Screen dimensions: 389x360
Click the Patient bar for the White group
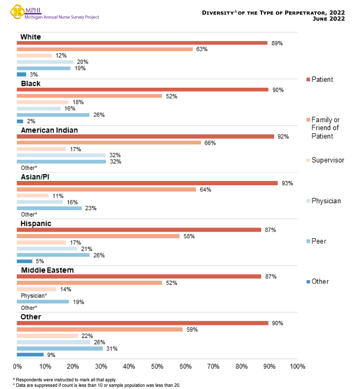[x=142, y=43]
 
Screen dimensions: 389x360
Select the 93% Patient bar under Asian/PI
[x=147, y=183]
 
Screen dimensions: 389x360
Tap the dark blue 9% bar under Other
[x=30, y=355]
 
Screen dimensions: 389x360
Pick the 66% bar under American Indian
[x=109, y=143]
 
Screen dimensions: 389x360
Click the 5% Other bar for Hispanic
[x=24, y=261]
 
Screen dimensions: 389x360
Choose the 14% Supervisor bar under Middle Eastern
[x=36, y=289]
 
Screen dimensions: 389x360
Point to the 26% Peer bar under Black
[x=53, y=115]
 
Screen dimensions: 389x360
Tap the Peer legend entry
[x=318, y=241]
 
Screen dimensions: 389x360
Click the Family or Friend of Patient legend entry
[x=325, y=128]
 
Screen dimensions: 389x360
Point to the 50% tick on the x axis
[x=157, y=366]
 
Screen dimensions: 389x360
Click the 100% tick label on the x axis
[x=297, y=366]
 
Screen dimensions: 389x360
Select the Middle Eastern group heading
[x=47, y=270]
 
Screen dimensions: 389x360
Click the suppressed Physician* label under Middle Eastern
[x=34, y=296]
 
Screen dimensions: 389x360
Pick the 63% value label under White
[x=202, y=49]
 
